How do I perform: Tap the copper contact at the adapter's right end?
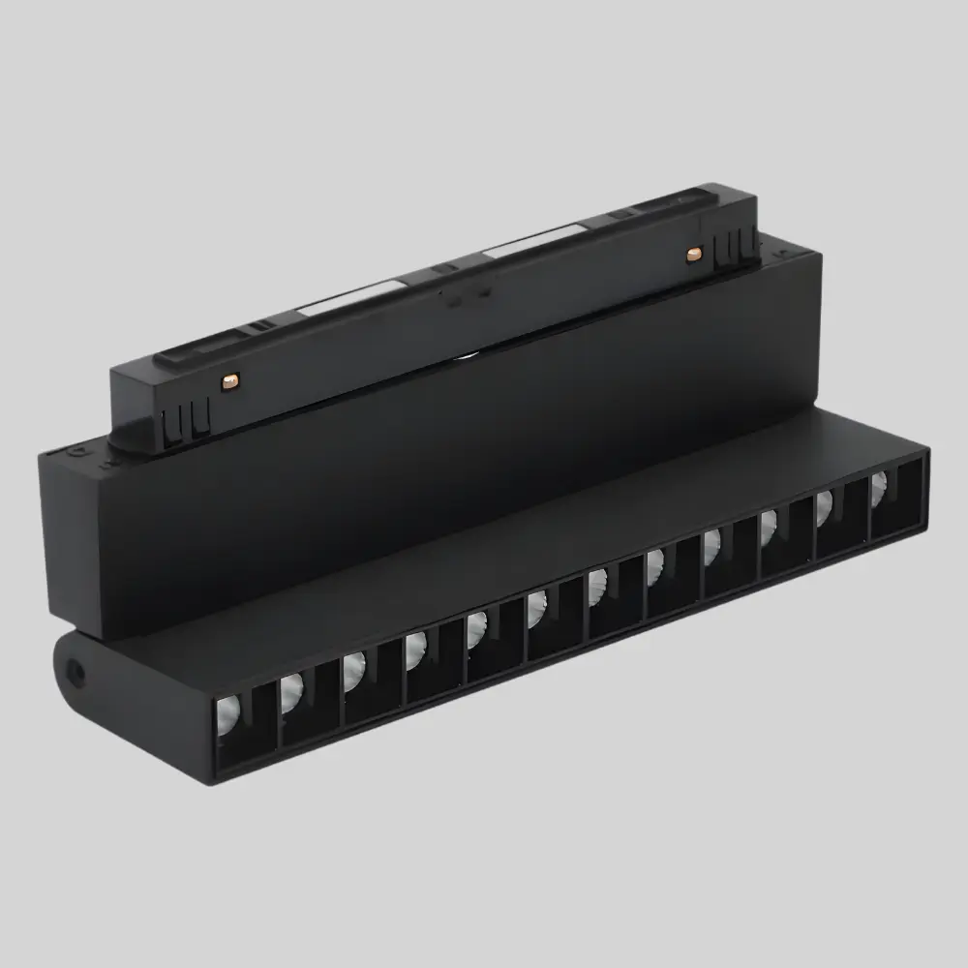(693, 254)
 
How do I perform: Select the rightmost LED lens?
(879, 489)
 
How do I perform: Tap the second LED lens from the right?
(826, 507)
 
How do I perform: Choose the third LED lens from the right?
(769, 528)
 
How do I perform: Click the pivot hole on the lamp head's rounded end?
(74, 667)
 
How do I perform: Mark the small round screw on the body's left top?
(78, 451)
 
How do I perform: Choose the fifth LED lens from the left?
(476, 629)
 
